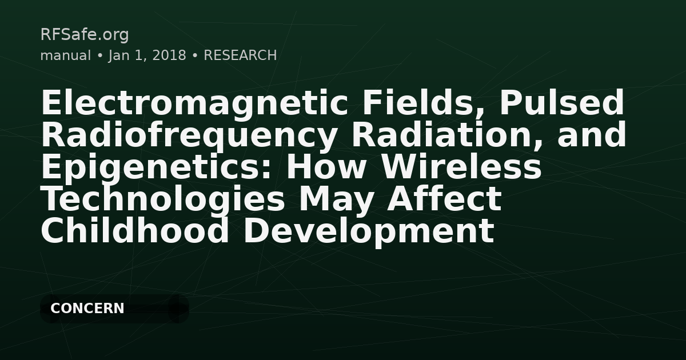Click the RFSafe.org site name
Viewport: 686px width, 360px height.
point(85,35)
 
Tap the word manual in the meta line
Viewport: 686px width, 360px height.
point(65,55)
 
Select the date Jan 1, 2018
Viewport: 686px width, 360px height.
point(147,55)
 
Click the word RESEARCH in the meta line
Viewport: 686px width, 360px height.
point(240,55)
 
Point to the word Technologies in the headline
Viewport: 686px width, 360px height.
point(162,199)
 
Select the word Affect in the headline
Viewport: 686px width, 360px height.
point(446,199)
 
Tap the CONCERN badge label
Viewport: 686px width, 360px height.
point(87,309)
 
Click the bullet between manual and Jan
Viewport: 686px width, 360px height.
point(99,56)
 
